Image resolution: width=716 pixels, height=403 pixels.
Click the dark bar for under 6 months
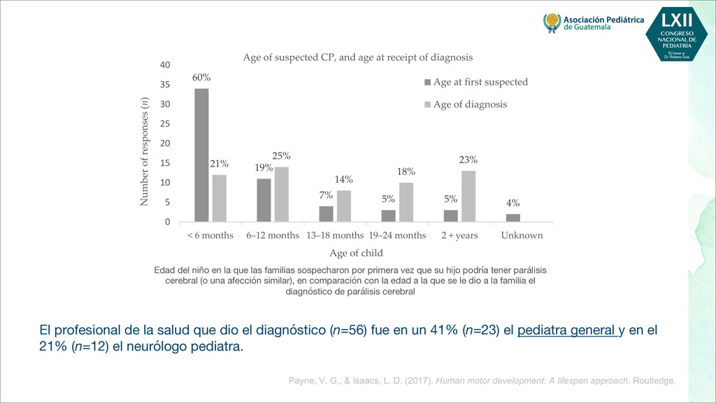(201, 155)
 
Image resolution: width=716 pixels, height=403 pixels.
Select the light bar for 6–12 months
(282, 194)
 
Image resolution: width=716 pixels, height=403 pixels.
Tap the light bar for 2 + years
(468, 196)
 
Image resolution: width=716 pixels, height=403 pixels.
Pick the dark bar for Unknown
(513, 218)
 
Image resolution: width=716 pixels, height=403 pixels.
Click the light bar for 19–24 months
(406, 202)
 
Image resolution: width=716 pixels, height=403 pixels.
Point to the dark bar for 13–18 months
(327, 213)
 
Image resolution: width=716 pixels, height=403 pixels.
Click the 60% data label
(201, 78)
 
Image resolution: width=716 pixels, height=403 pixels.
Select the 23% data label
(468, 160)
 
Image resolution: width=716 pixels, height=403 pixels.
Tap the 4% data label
(513, 203)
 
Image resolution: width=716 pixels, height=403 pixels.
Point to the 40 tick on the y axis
(165, 65)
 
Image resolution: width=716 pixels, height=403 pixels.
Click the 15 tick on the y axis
(165, 163)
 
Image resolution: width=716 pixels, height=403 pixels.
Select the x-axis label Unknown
(522, 235)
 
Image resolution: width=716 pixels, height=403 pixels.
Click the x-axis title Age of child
(356, 253)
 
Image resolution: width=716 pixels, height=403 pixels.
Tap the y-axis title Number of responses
(145, 151)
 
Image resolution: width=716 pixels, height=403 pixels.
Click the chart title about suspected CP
(357, 57)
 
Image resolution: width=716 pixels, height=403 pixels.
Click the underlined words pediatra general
(567, 330)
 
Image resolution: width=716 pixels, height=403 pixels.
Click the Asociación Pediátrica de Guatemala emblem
(552, 23)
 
